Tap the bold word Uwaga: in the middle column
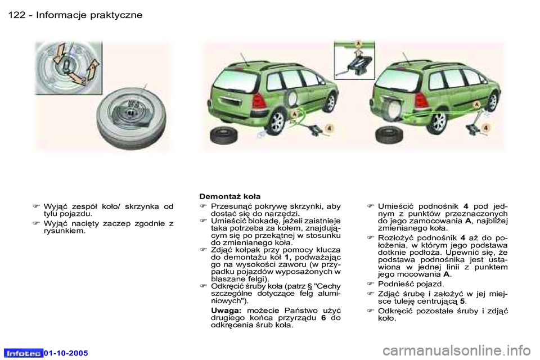[x=226, y=310]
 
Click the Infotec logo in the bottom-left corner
[x=24, y=353]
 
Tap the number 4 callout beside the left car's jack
[x=328, y=128]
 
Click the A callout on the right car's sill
[x=476, y=105]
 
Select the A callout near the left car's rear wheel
[x=293, y=112]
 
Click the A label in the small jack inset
[x=357, y=44]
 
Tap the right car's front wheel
[x=493, y=102]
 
